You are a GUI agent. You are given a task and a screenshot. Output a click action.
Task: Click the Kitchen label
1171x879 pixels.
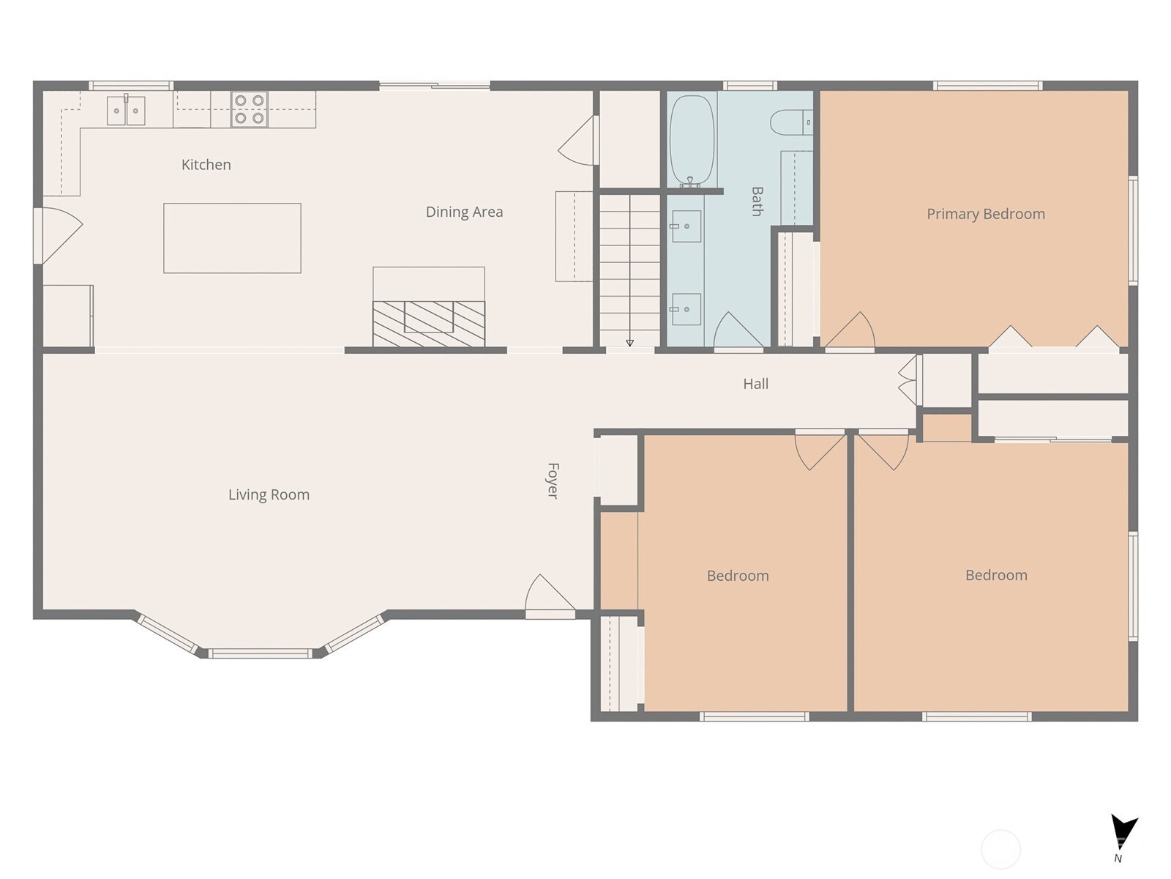tap(206, 165)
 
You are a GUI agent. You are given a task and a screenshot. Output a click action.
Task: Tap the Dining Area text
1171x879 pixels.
tap(464, 212)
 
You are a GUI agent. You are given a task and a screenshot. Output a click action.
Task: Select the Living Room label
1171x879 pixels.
tap(269, 495)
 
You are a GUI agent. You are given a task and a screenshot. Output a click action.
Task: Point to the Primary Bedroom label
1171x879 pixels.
tap(985, 214)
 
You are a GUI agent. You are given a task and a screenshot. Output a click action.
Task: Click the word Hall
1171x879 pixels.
tap(755, 384)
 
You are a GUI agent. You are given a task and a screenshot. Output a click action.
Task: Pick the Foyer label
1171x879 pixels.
tap(553, 481)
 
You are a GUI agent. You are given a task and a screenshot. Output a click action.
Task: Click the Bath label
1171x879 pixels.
tap(757, 201)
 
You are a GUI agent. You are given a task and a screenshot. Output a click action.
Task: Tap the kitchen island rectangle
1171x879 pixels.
tap(232, 238)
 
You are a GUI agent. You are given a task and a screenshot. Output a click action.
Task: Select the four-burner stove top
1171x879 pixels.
tap(249, 109)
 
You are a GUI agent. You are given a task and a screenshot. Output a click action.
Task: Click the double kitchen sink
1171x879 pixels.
tap(126, 111)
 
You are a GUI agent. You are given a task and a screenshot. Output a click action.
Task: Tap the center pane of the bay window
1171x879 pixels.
tap(260, 653)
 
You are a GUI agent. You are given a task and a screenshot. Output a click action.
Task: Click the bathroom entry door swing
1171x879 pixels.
tap(737, 331)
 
